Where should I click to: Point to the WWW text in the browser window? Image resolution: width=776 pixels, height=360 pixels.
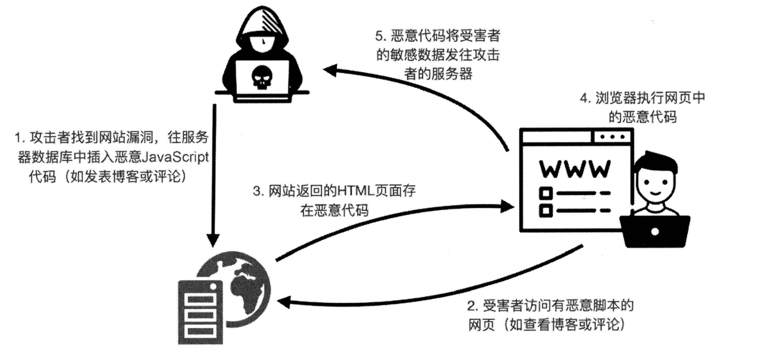574,169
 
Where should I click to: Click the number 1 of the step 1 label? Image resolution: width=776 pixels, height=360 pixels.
18,138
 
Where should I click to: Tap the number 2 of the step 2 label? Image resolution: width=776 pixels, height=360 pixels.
471,306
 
